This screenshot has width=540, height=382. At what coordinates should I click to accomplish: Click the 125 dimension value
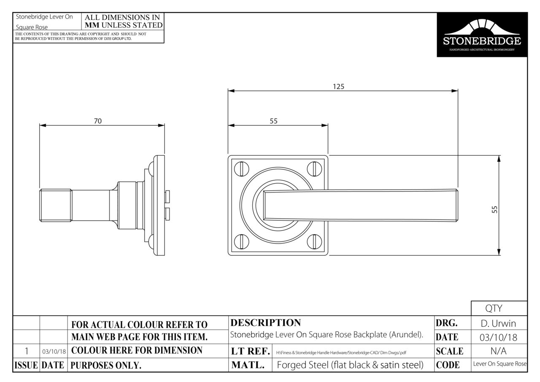pyautogui.click(x=338, y=87)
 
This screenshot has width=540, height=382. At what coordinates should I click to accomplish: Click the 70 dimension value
pyautogui.click(x=97, y=121)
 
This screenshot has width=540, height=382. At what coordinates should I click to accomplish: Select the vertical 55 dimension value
pyautogui.click(x=494, y=209)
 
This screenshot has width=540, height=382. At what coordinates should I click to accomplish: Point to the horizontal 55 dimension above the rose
pyautogui.click(x=274, y=121)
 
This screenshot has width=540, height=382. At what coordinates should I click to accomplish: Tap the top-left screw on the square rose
pyautogui.click(x=242, y=168)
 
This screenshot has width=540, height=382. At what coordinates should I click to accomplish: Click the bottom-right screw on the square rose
pyautogui.click(x=314, y=241)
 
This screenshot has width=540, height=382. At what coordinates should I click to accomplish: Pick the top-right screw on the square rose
pyautogui.click(x=314, y=168)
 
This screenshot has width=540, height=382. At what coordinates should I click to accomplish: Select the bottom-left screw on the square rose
pyautogui.click(x=242, y=241)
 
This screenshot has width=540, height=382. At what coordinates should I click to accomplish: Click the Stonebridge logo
pyautogui.click(x=482, y=35)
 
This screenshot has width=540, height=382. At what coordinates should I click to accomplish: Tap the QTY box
pyautogui.click(x=499, y=308)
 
